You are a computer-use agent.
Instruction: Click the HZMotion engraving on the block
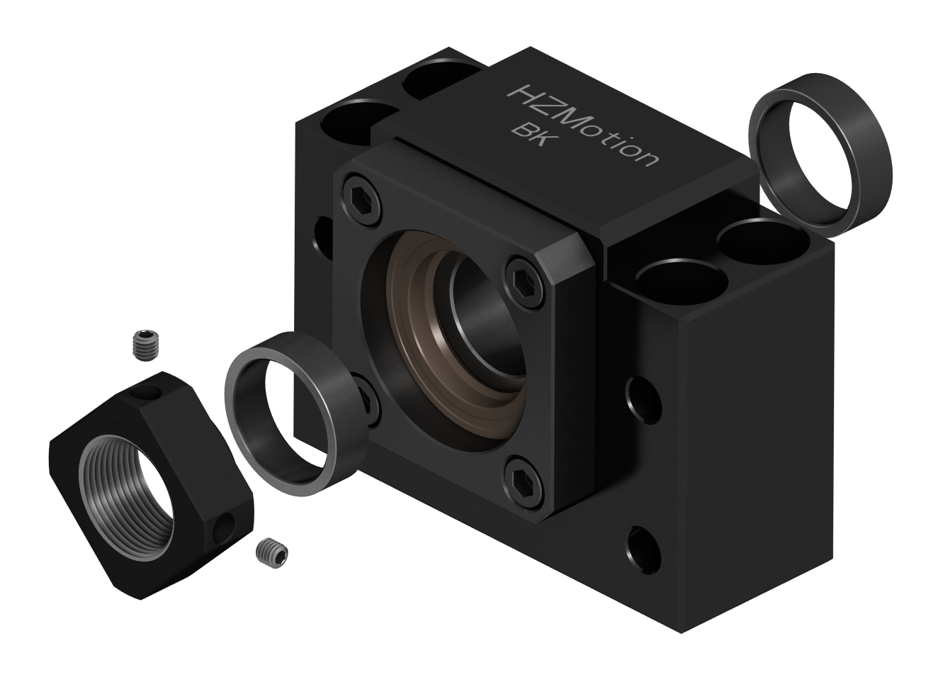click(x=584, y=125)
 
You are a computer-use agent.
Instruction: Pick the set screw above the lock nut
click(x=145, y=345)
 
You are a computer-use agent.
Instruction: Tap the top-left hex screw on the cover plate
click(x=363, y=202)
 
